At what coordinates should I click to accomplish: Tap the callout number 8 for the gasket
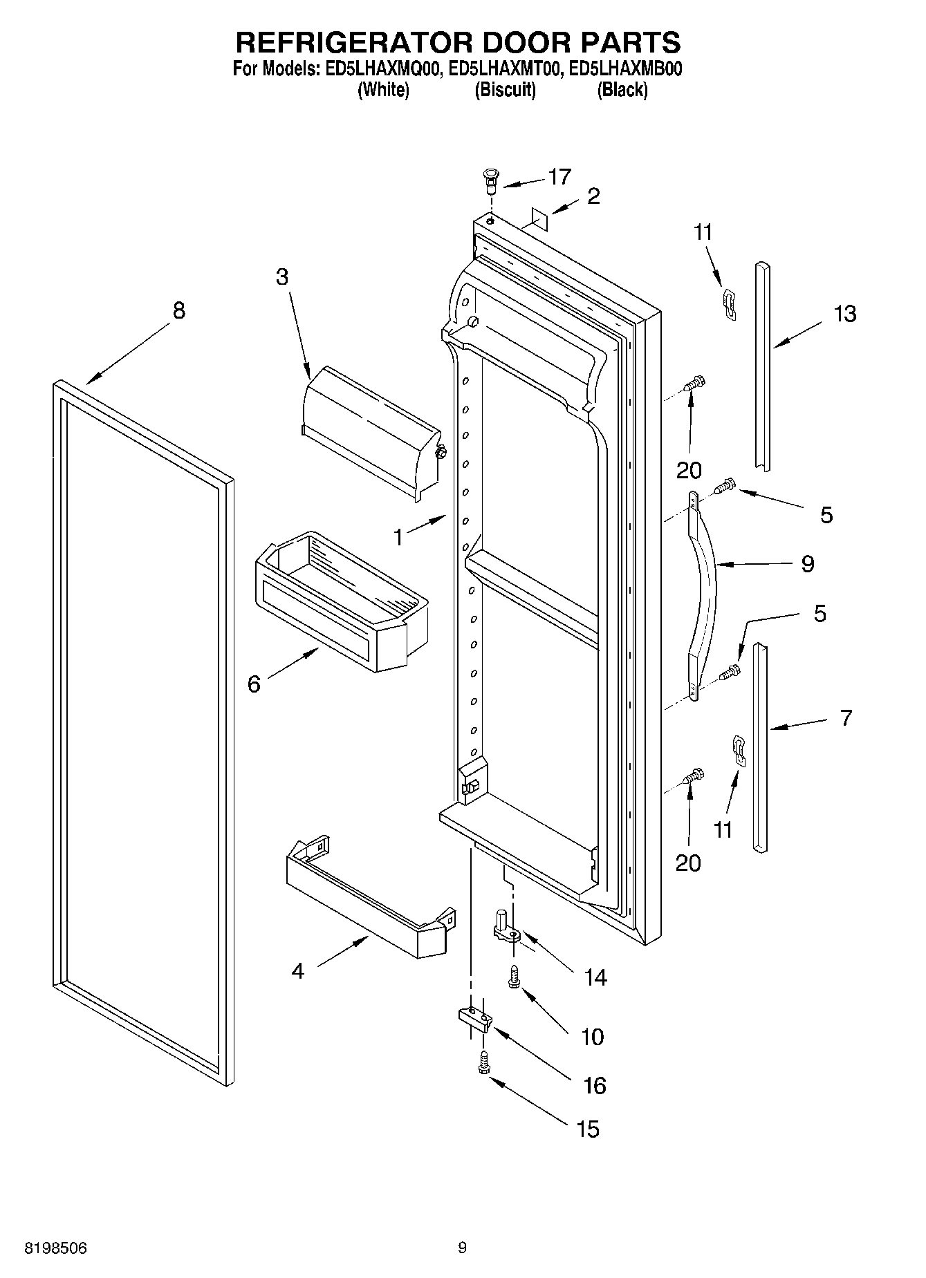(178, 311)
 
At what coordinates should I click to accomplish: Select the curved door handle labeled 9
(703, 596)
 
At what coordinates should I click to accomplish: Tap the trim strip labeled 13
(762, 366)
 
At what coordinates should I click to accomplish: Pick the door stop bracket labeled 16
(474, 1018)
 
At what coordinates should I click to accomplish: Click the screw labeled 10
(513, 977)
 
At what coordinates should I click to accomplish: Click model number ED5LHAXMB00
(623, 69)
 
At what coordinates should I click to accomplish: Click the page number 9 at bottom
(462, 1248)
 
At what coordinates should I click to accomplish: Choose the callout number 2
(593, 196)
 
